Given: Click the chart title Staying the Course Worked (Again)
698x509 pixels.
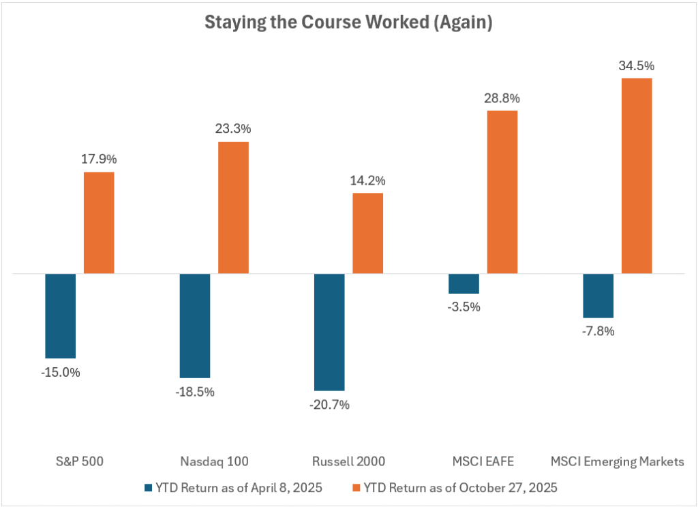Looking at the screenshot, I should pyautogui.click(x=348, y=22).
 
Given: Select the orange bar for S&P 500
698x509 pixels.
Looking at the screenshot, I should pyautogui.click(x=99, y=223).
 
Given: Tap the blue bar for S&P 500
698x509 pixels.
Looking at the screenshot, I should pyautogui.click(x=60, y=315).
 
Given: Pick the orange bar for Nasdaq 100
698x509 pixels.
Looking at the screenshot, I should pyautogui.click(x=233, y=207).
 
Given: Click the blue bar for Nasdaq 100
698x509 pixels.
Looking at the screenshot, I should pyautogui.click(x=194, y=326).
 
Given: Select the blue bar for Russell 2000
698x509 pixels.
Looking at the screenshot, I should pyautogui.click(x=329, y=332).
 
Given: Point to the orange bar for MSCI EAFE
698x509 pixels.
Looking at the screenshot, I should pyautogui.click(x=502, y=191).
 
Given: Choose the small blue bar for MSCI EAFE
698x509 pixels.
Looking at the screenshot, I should pyautogui.click(x=464, y=283).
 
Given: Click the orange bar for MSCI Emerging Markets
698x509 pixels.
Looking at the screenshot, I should pyautogui.click(x=637, y=176).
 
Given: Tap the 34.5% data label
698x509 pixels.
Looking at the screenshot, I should pyautogui.click(x=637, y=66).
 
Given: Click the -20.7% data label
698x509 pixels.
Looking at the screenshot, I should pyautogui.click(x=329, y=405).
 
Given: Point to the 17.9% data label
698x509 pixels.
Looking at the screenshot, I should pyautogui.click(x=100, y=159).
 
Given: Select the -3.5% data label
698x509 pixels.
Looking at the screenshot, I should pyautogui.click(x=464, y=307).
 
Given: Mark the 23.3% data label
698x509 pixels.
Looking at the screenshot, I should pyautogui.click(x=233, y=128).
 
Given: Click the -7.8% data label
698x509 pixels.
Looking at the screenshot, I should pyautogui.click(x=598, y=331).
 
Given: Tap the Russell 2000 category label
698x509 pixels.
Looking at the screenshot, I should pyautogui.click(x=349, y=461).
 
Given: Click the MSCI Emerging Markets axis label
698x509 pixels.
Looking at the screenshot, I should pyautogui.click(x=617, y=461).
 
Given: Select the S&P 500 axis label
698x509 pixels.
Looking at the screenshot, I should pyautogui.click(x=80, y=461).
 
